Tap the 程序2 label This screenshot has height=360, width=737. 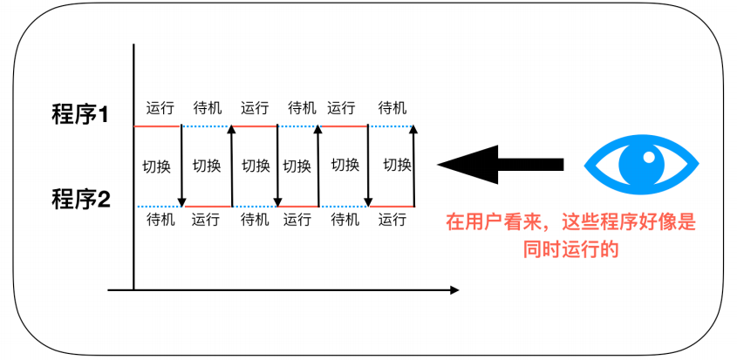80,200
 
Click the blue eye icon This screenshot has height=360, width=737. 641,163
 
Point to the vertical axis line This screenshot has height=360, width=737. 133,166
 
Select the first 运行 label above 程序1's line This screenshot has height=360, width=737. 160,109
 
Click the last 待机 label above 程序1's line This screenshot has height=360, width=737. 392,109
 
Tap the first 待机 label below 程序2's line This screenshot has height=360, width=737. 160,220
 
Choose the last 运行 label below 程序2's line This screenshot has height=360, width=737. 392,220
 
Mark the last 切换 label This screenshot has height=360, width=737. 397,166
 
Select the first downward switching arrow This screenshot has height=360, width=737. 181,166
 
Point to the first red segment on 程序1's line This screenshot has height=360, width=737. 157,126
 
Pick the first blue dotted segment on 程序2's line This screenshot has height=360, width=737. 157,207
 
